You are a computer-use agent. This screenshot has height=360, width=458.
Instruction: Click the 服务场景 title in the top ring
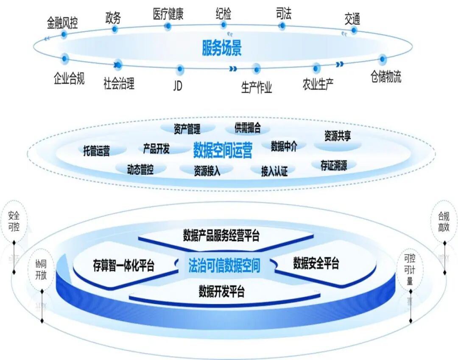click(x=222, y=48)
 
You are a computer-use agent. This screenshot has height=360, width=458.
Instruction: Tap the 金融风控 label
click(x=62, y=23)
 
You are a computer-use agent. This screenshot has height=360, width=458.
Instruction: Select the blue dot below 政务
click(x=114, y=29)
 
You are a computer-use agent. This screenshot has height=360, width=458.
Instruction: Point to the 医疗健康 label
click(x=168, y=14)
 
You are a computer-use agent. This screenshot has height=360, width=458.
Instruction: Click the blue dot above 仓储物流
click(x=383, y=59)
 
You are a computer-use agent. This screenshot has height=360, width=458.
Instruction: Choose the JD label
click(x=178, y=86)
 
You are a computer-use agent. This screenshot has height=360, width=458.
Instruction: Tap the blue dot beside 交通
click(x=354, y=30)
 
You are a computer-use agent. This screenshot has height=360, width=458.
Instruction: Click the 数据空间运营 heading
click(x=223, y=150)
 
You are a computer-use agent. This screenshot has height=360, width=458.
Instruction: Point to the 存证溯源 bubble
click(x=334, y=165)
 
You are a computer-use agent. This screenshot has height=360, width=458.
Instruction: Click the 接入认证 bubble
click(x=274, y=171)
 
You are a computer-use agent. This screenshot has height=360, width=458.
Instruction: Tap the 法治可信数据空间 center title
click(x=224, y=265)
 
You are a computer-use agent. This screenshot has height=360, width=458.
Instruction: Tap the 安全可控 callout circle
click(x=14, y=221)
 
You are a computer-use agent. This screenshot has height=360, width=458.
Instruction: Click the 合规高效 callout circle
click(x=444, y=221)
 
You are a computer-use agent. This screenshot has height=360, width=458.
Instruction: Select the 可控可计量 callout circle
click(x=410, y=269)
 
